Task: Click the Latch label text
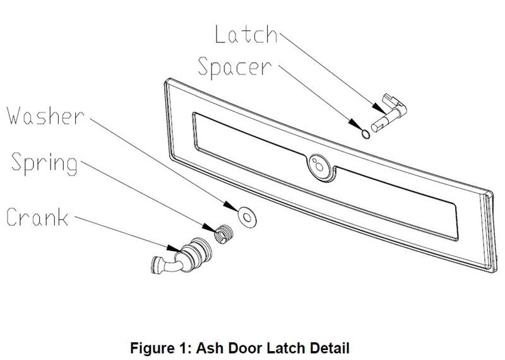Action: (246, 34)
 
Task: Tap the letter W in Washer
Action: (16, 117)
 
